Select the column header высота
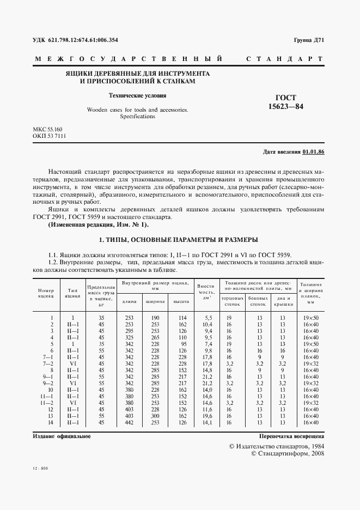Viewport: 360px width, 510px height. point(181,301)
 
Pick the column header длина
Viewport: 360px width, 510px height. point(129,301)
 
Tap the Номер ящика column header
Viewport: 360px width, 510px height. point(46,294)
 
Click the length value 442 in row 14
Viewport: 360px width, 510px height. point(129,422)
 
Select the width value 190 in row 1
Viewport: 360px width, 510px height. point(155,318)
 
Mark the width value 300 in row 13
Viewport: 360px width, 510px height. point(155,415)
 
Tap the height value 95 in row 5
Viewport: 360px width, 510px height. point(182,344)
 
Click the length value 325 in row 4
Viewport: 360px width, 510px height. point(129,338)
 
